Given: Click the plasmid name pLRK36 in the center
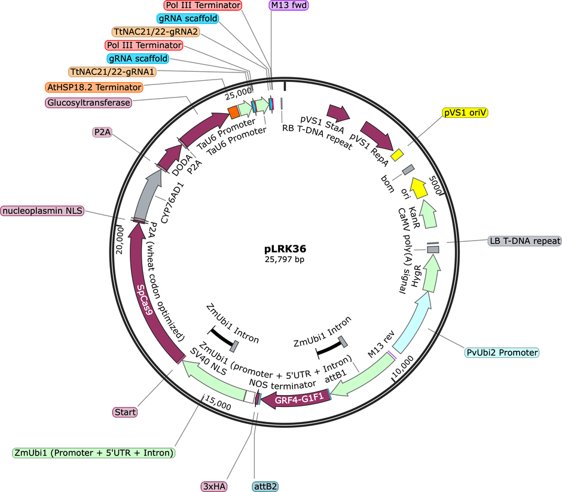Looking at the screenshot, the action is point(285,248).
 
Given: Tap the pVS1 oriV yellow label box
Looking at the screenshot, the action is point(465,113).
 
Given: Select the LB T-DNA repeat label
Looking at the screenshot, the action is point(525,241).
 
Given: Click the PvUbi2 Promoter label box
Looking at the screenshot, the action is point(502,353).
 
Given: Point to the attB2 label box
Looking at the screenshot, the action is point(265,486).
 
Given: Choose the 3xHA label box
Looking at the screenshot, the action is point(214,486).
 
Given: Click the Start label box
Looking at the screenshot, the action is point(125,412).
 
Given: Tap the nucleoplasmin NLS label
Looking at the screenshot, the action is point(42,211).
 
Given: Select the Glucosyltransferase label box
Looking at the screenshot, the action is point(88,102).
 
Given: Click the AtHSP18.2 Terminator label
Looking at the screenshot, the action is point(94,87).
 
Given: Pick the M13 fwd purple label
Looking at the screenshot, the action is point(289,5).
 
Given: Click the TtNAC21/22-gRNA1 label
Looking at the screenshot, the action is point(112,72).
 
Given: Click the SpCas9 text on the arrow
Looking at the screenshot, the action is point(145,300).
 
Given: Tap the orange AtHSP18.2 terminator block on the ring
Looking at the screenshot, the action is point(234,112).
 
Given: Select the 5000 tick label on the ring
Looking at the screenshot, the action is point(435,185).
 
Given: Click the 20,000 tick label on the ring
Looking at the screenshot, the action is point(120,240).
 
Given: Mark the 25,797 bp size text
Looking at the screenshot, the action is point(285,259).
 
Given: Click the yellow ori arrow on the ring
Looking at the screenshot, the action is point(419,187).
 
